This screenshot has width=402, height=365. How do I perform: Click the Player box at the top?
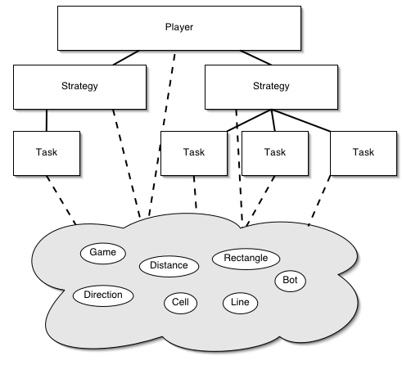point(179,28)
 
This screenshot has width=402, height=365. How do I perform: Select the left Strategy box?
point(79,87)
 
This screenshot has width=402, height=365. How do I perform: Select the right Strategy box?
point(271,87)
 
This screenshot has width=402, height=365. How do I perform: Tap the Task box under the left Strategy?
point(47,153)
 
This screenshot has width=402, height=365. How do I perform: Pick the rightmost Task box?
point(364,153)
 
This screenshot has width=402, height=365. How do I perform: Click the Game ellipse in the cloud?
point(103,253)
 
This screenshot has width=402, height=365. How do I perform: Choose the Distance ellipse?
point(169,266)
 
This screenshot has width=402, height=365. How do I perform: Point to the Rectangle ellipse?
point(246,259)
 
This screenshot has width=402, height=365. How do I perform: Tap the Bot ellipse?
point(290,281)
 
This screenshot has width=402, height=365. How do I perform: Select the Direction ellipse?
point(103,295)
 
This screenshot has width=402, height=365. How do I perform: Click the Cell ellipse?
point(180,303)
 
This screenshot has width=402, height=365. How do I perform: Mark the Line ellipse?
point(240,303)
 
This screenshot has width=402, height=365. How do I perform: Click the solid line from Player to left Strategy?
point(126,57)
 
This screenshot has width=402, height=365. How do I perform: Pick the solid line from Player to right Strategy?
point(255,57)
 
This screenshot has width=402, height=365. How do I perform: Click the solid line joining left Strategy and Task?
point(47,120)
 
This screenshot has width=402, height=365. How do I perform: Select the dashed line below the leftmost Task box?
point(61,201)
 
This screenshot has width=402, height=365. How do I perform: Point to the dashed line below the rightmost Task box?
point(319,201)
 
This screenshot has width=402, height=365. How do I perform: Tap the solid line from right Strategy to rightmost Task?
point(300,120)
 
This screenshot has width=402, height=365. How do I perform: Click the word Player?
point(179,27)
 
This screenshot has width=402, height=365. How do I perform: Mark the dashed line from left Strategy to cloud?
point(126,164)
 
